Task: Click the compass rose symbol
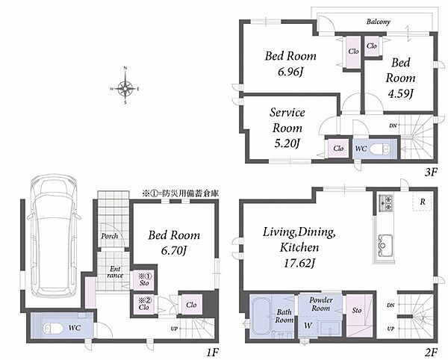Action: tap(125, 88)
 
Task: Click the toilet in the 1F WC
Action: tap(54, 329)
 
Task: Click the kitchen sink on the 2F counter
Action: tap(384, 245)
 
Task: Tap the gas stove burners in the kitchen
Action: tap(386, 202)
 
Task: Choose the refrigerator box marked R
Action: tap(422, 202)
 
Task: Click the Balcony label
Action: tap(379, 22)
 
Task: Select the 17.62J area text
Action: tap(299, 263)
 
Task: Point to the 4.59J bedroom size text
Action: tap(400, 93)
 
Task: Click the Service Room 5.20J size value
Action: tap(287, 143)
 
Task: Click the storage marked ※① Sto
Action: tap(144, 280)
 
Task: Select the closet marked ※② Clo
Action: tap(144, 304)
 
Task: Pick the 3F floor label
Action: tap(431, 173)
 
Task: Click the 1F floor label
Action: tap(212, 353)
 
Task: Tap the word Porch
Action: tap(110, 236)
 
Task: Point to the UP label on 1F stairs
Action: tap(174, 329)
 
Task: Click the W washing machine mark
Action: tap(308, 326)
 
